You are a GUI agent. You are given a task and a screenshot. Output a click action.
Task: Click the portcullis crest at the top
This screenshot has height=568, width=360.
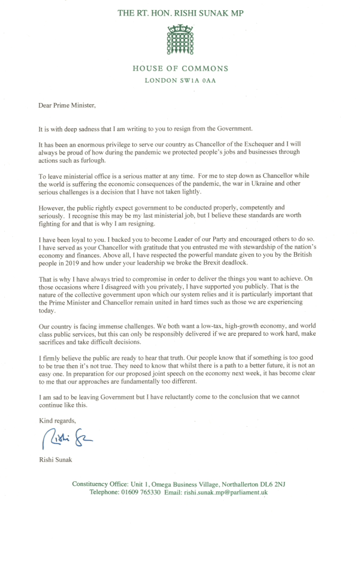click(x=180, y=38)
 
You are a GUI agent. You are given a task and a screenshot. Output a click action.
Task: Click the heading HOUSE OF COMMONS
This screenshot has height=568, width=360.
click(x=180, y=68)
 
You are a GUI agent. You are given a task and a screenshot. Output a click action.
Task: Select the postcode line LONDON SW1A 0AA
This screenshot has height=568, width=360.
click(x=180, y=81)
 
